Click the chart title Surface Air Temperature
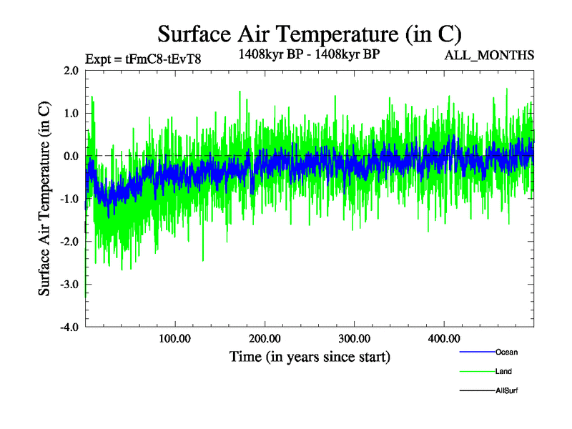(310, 34)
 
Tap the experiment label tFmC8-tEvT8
(143, 59)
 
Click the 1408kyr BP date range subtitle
(309, 53)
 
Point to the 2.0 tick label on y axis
(71, 71)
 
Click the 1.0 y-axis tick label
(71, 114)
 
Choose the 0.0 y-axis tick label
(71, 157)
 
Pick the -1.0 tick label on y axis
(69, 199)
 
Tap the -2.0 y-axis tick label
(69, 242)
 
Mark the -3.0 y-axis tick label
(69, 285)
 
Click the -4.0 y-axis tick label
(69, 327)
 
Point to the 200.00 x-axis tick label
(265, 338)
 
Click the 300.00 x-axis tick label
(354, 338)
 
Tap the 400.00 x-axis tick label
(443, 338)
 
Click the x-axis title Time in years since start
(310, 355)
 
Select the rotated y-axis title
(44, 199)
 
